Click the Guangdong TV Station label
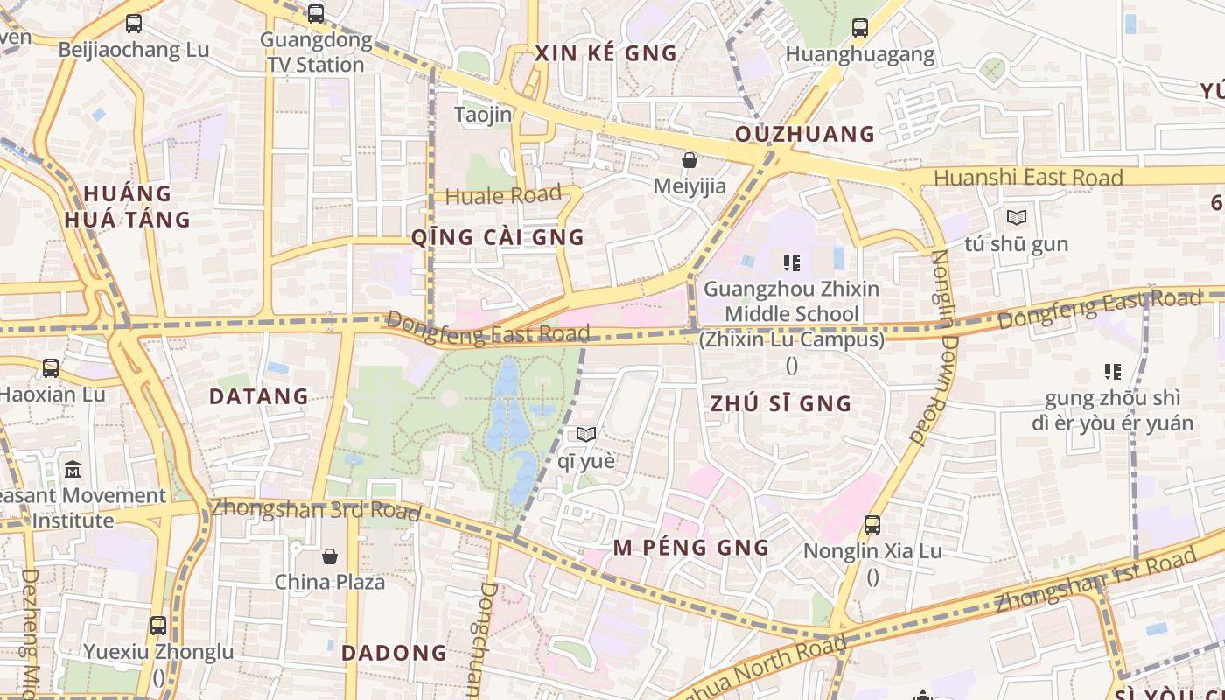point(316,52)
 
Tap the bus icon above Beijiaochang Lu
point(134,24)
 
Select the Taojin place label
point(483,115)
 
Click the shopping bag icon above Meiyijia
point(689,160)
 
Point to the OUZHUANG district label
point(805,134)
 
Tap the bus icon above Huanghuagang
point(860,27)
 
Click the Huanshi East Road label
point(1028,178)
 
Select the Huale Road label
point(503,195)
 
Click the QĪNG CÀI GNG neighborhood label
point(497,237)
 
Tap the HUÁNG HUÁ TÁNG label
point(127,206)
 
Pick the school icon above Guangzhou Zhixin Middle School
point(792,262)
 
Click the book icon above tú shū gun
point(1017,217)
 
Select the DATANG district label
point(259,396)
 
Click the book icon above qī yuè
point(586,434)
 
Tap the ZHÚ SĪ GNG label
point(780,403)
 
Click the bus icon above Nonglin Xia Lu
point(872,525)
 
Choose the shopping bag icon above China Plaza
point(330,556)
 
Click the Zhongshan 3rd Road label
point(315,509)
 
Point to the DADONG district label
point(394,653)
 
